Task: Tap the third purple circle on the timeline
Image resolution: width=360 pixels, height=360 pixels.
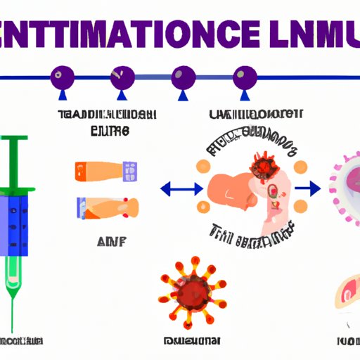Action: [x=182, y=75]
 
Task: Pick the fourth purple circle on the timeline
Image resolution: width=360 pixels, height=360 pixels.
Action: [x=245, y=75]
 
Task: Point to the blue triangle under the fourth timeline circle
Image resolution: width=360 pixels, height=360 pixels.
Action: [x=245, y=94]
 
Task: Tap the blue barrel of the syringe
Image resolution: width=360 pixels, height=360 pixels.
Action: [x=17, y=225]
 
